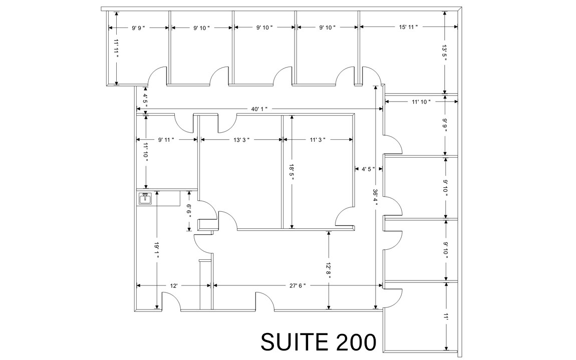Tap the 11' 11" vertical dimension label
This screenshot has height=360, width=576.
(116, 49)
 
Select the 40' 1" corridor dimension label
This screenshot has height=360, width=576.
(259, 109)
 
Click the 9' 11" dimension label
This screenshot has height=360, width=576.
(166, 140)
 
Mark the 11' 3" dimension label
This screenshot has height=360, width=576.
(318, 140)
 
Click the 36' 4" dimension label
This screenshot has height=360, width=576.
(375, 197)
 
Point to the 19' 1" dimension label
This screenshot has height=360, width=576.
(157, 250)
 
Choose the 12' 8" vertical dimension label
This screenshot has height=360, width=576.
(328, 269)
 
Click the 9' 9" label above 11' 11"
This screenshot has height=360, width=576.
(138, 28)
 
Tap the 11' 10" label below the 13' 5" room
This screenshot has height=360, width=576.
(421, 102)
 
